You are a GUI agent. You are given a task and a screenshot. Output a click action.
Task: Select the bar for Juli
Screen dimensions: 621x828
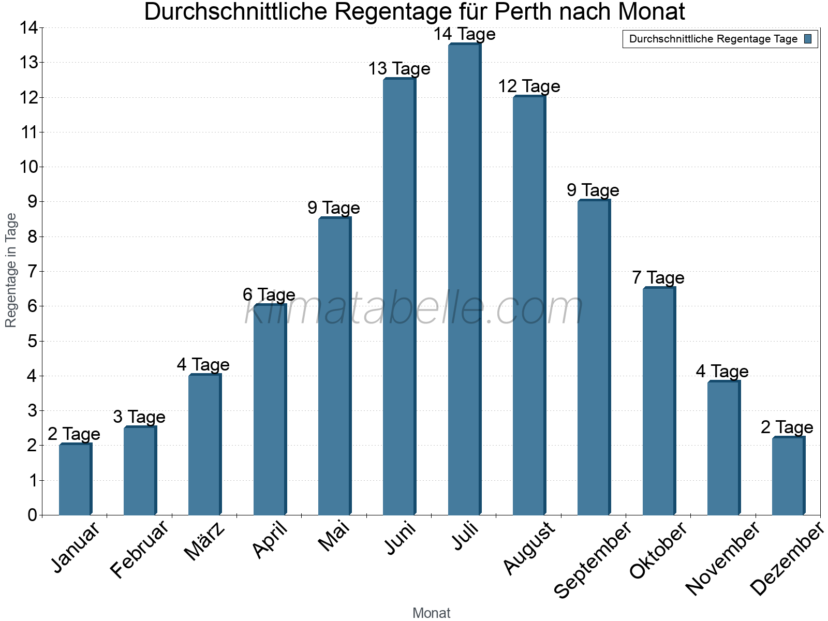point(464,279)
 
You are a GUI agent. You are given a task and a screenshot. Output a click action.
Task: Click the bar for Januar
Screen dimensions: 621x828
point(75,479)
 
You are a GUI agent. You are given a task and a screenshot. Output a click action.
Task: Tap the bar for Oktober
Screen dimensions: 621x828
point(659,401)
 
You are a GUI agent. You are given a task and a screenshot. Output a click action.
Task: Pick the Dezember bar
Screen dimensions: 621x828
point(788,476)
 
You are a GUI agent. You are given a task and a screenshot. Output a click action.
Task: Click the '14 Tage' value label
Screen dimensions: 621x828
point(464,34)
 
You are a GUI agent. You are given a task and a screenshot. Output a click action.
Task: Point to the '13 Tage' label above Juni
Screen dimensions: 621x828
point(399,69)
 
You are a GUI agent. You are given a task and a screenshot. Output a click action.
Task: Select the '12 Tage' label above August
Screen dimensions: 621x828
point(529,86)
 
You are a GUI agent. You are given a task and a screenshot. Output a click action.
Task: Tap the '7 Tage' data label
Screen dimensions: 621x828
point(658,278)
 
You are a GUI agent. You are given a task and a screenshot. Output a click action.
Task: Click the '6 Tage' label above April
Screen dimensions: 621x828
point(269,295)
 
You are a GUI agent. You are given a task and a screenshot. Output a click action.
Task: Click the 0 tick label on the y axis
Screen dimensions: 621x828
point(33,515)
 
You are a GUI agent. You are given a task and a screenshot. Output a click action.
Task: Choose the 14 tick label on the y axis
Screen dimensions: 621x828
point(28,28)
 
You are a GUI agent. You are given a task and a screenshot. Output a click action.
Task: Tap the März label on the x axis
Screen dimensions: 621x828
point(205,541)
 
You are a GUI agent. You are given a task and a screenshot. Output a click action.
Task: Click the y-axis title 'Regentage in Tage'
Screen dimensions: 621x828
point(11,270)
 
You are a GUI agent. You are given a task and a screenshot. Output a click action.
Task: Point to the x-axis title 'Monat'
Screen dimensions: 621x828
point(431,613)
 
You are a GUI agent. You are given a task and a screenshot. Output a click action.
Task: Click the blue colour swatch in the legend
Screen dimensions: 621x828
point(808,39)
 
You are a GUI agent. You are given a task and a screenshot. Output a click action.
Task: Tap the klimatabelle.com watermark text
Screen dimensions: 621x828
point(414,308)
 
